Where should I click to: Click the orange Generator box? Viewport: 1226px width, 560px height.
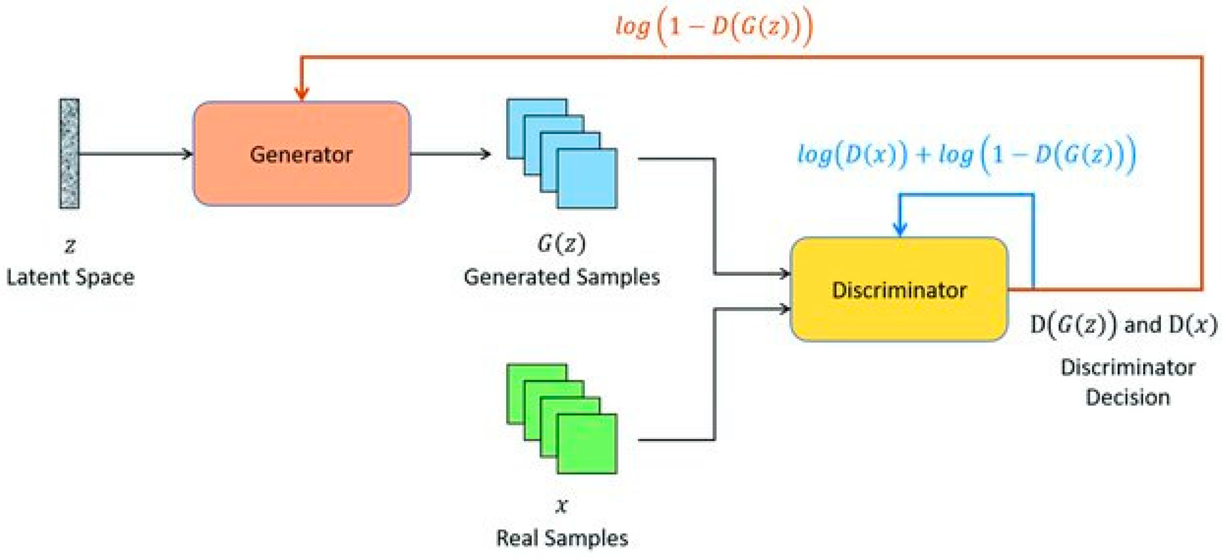point(301,153)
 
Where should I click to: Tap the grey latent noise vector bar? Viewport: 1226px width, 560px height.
point(69,153)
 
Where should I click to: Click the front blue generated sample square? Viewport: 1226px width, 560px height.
point(587,178)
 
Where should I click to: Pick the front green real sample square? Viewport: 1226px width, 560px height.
point(587,444)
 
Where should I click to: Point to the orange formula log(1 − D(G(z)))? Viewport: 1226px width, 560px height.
point(714,27)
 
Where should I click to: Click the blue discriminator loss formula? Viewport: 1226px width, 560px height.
point(966,155)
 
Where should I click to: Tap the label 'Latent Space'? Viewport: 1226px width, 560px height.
point(71,277)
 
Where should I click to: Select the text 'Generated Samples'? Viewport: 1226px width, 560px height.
point(561,277)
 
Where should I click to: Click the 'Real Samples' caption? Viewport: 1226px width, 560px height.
point(561,538)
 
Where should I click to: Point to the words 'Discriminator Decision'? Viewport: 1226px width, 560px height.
point(1127,382)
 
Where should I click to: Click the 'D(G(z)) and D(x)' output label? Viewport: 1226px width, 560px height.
point(1123,325)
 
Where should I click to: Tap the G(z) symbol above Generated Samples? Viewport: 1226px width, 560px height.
point(561,244)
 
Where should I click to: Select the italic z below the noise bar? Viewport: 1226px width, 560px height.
point(70,246)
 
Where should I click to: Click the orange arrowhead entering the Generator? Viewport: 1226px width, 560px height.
point(301,93)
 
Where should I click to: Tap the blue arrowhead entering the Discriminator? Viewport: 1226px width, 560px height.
point(899,229)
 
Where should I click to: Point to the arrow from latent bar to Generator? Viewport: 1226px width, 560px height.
point(136,154)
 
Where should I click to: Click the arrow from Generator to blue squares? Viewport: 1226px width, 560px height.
point(450,154)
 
